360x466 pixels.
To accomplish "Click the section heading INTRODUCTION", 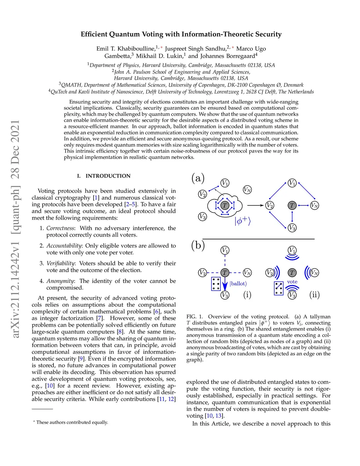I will pos(108,176).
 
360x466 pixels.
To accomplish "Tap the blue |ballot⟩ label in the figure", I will pos(238,283).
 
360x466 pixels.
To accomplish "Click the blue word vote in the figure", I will pos(292,282).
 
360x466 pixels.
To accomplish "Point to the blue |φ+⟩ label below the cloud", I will pos(243,221).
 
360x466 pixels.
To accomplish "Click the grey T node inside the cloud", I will pos(225,205).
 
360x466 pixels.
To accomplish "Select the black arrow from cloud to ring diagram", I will pos(255,205).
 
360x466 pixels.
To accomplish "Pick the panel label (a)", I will pos(198,178).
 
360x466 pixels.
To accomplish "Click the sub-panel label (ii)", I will pos(314,294).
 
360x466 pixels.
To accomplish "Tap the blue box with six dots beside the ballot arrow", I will pos(216,283).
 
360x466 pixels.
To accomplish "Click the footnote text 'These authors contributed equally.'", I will pos(72,422).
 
